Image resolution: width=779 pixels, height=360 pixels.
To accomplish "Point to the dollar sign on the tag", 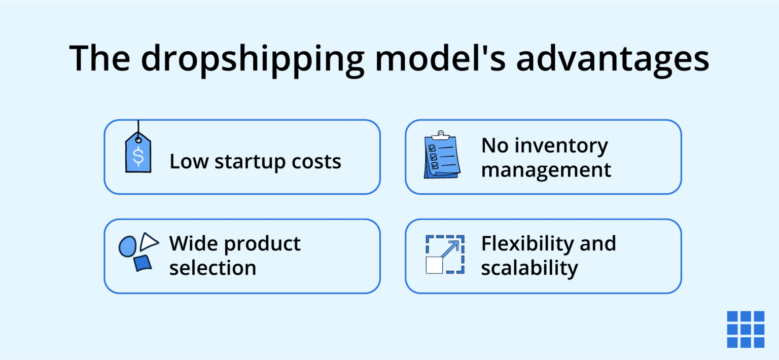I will coord(138,157).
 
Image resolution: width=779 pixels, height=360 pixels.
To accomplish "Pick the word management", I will coord(546,169).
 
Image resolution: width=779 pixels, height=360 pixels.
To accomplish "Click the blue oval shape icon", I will coord(127,246).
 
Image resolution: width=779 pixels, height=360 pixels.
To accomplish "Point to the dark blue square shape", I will coord(143,263).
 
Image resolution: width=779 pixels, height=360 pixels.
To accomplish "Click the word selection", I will coord(213,268).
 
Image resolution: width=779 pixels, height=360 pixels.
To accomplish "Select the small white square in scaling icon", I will coord(434,265).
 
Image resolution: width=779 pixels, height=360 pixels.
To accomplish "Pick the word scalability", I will coord(529,268).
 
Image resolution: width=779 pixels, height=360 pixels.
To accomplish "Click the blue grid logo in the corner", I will coord(745,329).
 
